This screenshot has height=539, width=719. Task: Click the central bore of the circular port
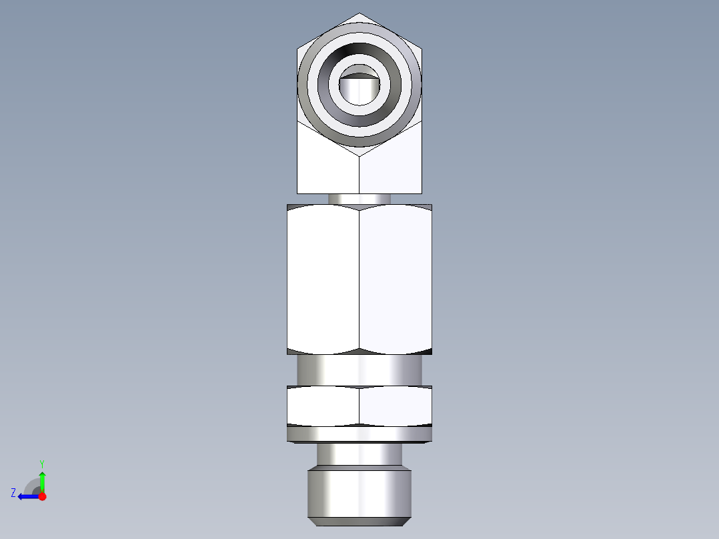tap(359, 89)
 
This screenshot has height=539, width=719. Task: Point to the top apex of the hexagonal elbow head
tap(359, 14)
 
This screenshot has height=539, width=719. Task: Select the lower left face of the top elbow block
tap(327, 167)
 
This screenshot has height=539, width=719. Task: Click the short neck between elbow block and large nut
tap(359, 198)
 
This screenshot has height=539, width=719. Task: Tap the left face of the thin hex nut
tap(323, 406)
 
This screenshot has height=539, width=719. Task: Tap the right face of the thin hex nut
tap(396, 406)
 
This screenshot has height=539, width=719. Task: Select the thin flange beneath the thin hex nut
tap(359, 434)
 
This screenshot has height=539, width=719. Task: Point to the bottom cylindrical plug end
tap(359, 494)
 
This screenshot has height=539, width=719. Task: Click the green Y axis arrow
tap(42, 480)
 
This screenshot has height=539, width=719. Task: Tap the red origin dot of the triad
tap(42, 496)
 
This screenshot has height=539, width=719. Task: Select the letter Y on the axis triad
tap(41, 463)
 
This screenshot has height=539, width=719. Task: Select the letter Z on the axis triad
tap(13, 493)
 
